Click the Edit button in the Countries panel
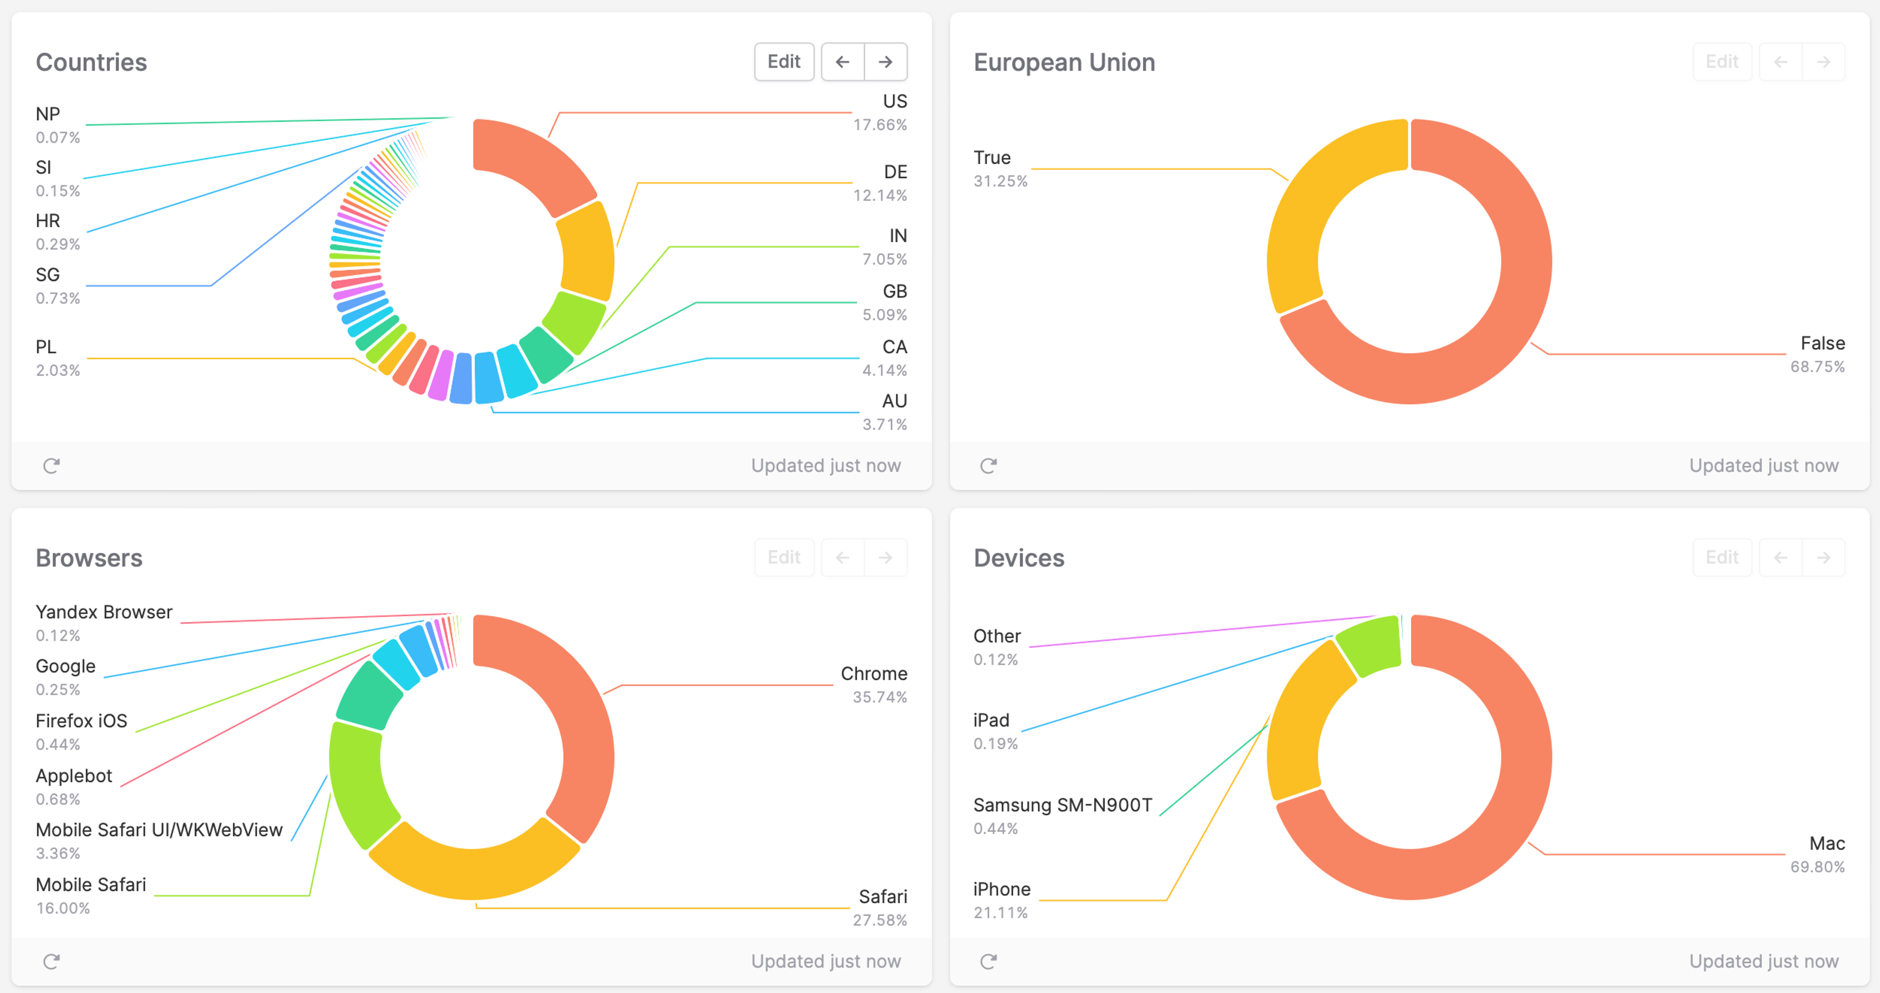point(784,61)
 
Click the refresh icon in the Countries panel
point(51,466)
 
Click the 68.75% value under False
point(1817,367)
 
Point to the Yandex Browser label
point(103,612)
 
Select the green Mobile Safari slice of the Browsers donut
point(358,781)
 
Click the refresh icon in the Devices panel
point(988,961)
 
